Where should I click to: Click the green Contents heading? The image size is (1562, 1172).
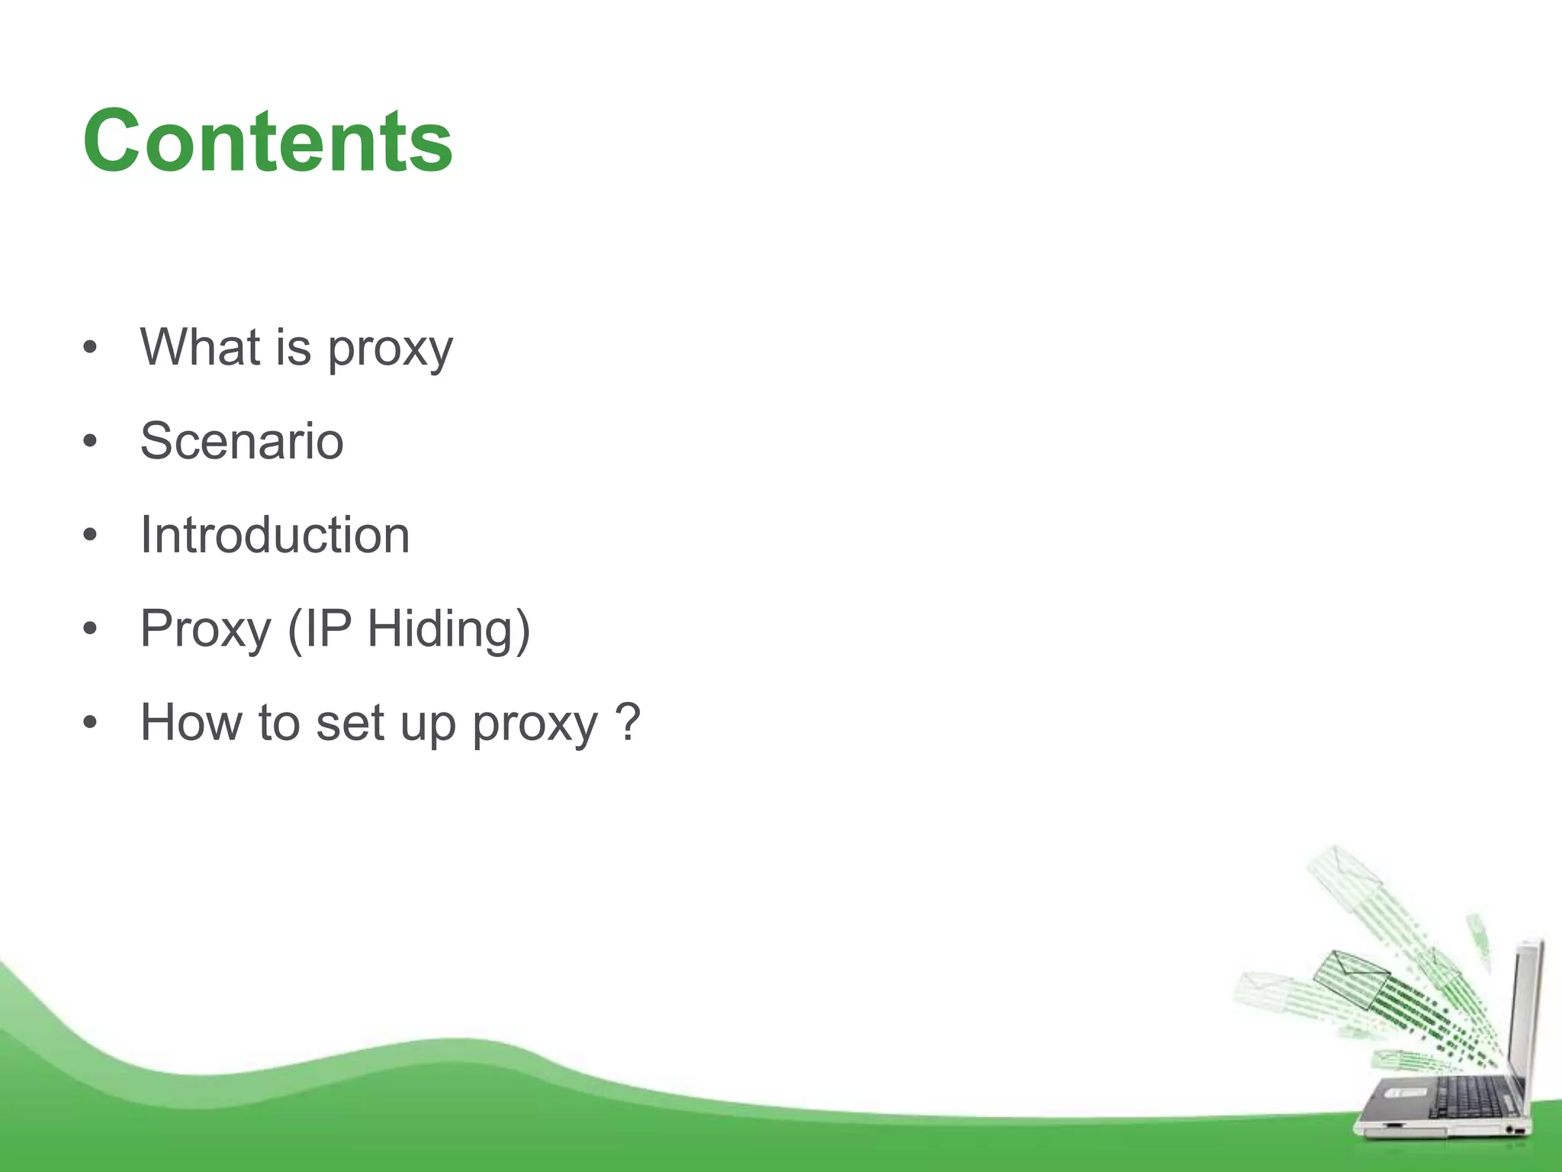pyautogui.click(x=268, y=142)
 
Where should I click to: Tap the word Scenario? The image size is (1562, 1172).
pyautogui.click(x=242, y=441)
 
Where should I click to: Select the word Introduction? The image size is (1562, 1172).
pyautogui.click(x=275, y=535)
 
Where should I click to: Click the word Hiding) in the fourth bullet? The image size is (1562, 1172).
pyautogui.click(x=448, y=629)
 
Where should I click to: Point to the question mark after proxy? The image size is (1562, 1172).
pyautogui.click(x=627, y=722)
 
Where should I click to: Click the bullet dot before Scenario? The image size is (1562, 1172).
pyautogui.click(x=90, y=441)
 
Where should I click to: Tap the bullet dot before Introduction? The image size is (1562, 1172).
pyautogui.click(x=90, y=535)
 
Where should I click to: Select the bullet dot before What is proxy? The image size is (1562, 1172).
pyautogui.click(x=90, y=348)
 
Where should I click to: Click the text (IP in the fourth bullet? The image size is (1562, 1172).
pyautogui.click(x=320, y=630)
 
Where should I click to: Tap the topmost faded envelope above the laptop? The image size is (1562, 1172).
pyautogui.click(x=1342, y=870)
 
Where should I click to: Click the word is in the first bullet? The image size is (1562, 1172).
pyautogui.click(x=294, y=347)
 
